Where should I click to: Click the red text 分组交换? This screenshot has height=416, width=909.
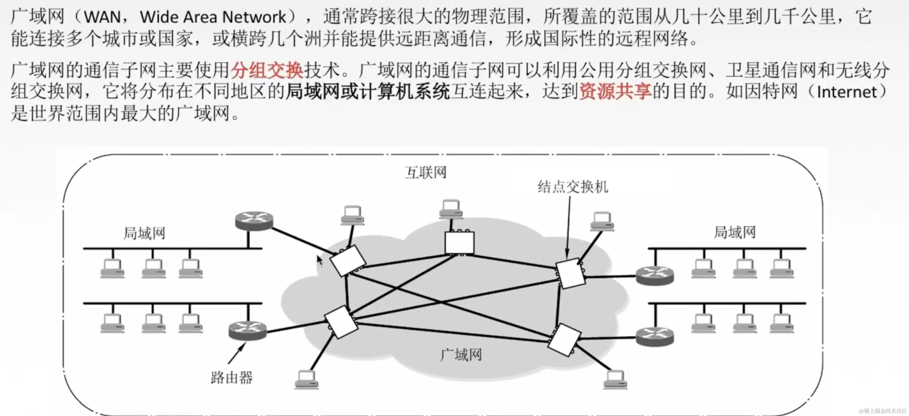[x=267, y=69]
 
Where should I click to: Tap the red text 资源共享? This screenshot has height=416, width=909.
[x=615, y=91]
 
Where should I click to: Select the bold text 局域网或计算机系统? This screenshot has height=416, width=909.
[x=368, y=91]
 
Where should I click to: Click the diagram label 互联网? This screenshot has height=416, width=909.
[x=426, y=173]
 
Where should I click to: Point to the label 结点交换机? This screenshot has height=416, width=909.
[x=573, y=187]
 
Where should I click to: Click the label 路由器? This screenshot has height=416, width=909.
[x=231, y=377]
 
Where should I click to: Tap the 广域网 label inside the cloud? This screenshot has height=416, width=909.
[x=461, y=355]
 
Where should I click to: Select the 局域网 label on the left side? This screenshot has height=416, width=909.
[x=144, y=233]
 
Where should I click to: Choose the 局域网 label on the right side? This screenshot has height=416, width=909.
[x=735, y=233]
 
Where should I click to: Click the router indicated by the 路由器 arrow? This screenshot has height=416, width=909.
[x=247, y=331]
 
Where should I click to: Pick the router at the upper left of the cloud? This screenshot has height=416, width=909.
[x=254, y=221]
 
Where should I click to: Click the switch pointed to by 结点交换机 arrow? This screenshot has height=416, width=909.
[x=570, y=273]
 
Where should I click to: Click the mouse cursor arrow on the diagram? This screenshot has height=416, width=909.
[x=319, y=260]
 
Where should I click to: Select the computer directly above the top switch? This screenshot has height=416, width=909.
[x=451, y=209]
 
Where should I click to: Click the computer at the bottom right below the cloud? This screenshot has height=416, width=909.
[x=615, y=380]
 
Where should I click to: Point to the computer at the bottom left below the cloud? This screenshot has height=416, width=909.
[x=306, y=380]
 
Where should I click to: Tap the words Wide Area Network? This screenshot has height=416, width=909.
[x=213, y=17]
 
